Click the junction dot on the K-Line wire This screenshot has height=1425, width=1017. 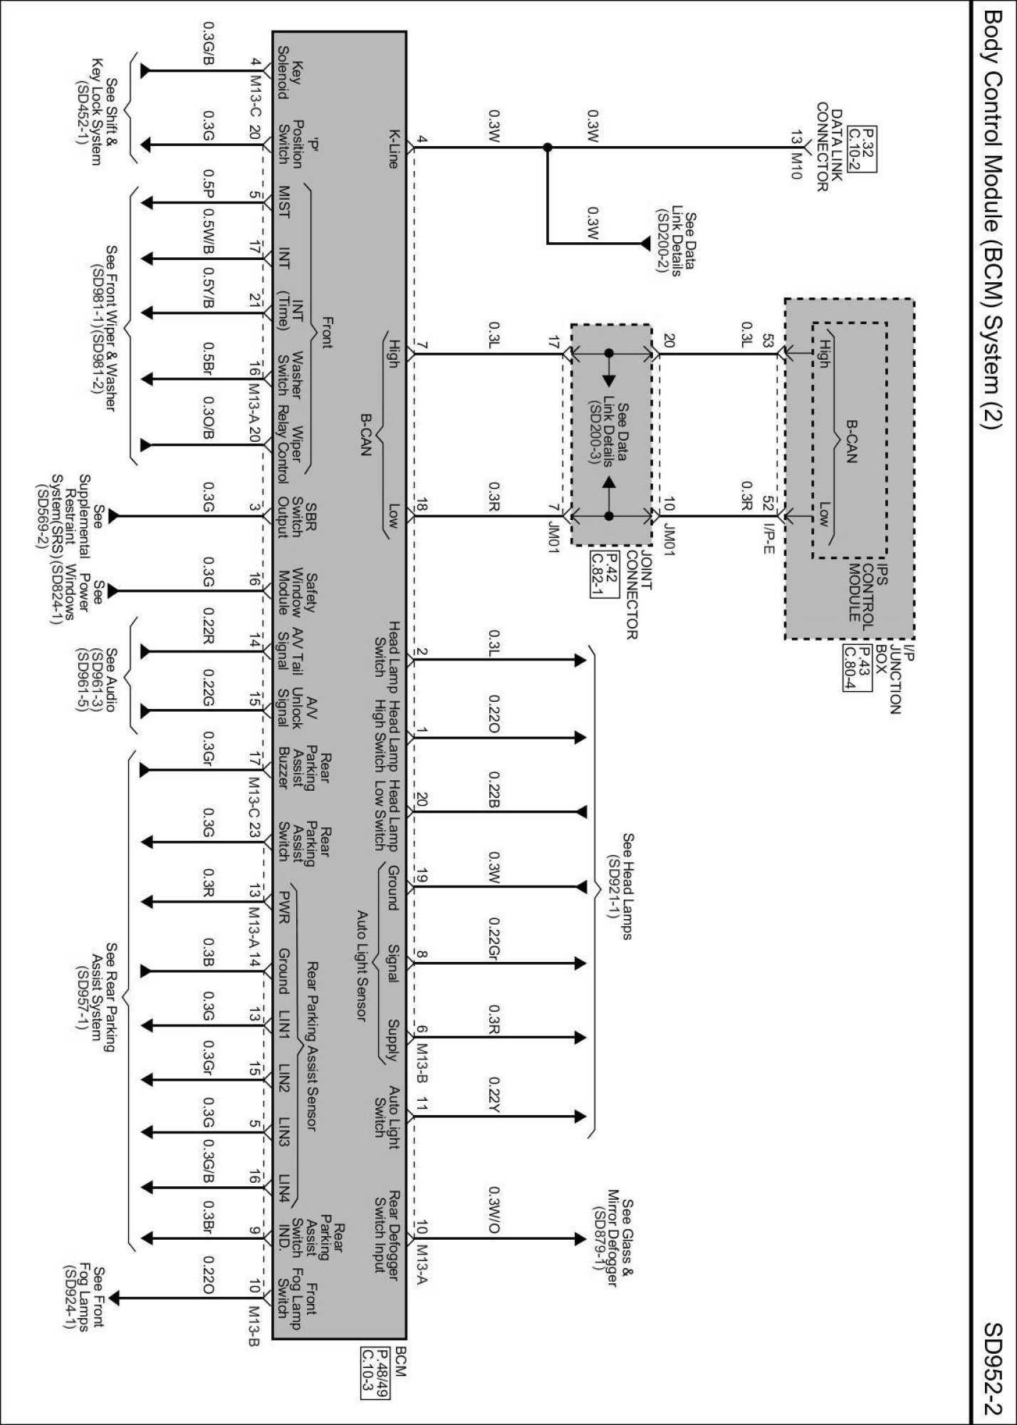pos(547,147)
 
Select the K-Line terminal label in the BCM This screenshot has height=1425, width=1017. pos(392,148)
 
